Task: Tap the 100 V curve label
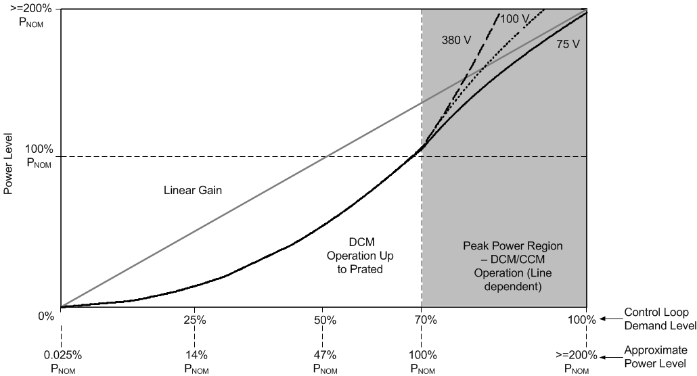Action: [x=515, y=19]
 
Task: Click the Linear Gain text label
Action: [x=193, y=191]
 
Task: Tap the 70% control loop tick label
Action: [x=422, y=320]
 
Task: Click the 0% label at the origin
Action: [x=45, y=316]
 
